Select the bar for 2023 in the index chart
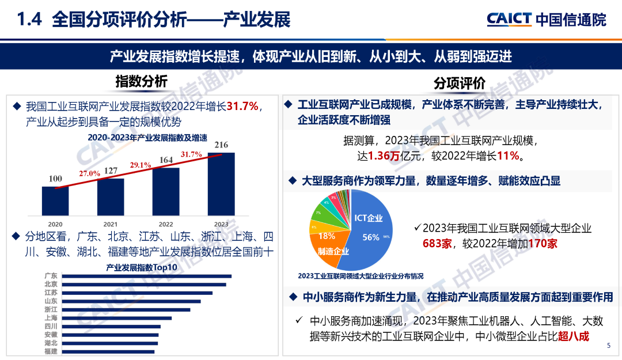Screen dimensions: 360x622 point(221,183)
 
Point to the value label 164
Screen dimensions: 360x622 point(166,160)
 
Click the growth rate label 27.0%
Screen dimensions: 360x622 point(90,173)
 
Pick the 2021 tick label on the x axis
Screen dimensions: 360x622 point(111,224)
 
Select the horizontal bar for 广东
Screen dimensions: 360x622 point(146,276)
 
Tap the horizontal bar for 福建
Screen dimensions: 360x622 point(108,351)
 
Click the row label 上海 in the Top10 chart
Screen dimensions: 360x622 point(51,318)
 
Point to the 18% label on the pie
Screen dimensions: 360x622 point(327,236)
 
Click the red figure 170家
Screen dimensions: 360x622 point(543,244)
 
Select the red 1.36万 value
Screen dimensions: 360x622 point(383,156)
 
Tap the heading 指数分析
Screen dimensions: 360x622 point(141,81)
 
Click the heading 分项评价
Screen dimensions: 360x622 point(460,84)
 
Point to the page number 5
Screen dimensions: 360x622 point(609,346)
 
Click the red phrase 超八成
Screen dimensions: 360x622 point(574,336)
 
